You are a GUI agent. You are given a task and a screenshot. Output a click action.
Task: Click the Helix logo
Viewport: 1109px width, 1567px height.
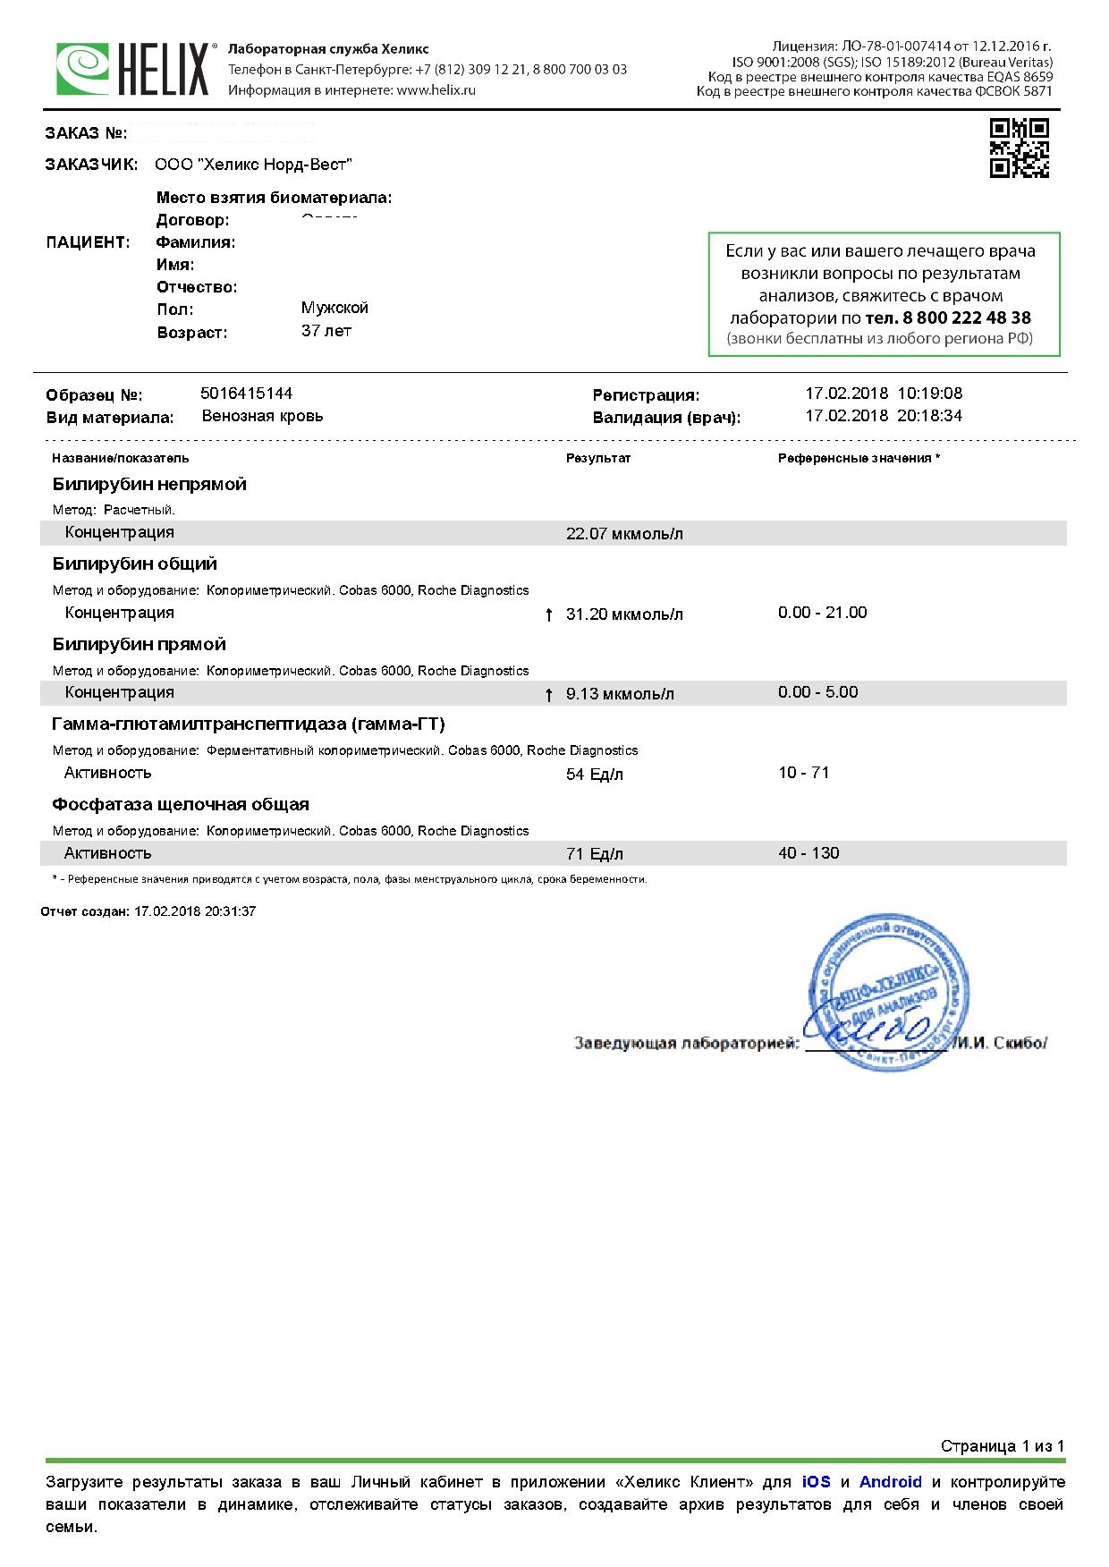133,69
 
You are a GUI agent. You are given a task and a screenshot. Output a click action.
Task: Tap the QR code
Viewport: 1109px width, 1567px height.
1019,148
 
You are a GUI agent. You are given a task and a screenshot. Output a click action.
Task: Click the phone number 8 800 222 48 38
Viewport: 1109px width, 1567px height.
948,318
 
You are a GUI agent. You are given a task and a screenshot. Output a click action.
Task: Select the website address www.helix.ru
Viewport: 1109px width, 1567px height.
436,90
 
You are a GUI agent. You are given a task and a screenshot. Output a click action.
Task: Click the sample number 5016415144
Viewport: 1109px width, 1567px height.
247,394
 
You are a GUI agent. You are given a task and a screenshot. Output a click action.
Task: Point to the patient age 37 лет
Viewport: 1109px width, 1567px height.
326,331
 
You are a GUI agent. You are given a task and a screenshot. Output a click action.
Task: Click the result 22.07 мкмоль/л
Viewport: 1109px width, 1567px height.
624,534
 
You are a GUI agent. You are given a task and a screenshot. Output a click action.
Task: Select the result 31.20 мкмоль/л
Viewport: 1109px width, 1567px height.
624,614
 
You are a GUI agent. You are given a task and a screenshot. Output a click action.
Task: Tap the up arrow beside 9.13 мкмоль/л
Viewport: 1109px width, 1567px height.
549,695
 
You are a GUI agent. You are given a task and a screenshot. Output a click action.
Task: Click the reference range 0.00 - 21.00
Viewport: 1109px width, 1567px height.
822,613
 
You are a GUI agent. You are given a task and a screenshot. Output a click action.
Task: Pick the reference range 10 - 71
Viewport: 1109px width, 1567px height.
803,773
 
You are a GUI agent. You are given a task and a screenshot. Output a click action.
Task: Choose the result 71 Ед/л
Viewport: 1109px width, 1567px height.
595,854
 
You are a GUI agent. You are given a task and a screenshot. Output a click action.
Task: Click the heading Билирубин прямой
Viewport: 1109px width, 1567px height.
139,644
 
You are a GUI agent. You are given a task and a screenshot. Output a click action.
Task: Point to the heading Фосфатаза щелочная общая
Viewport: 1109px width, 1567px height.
180,804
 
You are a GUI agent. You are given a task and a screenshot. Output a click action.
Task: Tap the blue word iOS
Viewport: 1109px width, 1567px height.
816,1482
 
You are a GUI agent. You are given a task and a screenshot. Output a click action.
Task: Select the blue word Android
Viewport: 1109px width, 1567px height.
890,1482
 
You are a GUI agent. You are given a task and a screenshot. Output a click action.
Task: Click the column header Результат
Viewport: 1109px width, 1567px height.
598,458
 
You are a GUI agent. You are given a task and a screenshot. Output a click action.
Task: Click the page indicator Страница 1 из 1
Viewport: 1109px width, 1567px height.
1003,1446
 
